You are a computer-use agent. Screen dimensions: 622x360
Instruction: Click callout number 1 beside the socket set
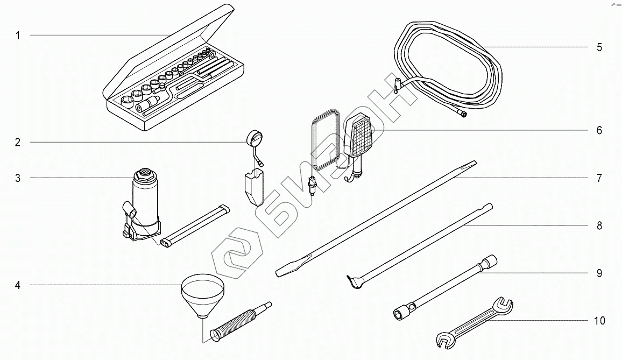17,36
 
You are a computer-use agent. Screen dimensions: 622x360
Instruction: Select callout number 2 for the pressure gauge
17,143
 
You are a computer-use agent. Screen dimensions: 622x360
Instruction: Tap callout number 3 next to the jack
17,178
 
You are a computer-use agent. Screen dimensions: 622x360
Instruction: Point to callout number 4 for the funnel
17,285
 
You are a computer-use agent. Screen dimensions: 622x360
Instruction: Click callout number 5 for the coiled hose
599,48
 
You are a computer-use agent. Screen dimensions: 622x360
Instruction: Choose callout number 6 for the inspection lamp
599,131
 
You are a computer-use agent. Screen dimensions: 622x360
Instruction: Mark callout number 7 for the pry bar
599,178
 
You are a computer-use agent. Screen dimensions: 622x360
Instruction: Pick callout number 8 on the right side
599,226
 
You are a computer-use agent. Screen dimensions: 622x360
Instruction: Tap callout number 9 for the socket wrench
599,273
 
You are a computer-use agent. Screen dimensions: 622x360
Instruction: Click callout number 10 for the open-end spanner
600,321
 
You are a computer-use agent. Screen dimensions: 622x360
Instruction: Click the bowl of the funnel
203,296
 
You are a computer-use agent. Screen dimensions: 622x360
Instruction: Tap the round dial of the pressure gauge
255,139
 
